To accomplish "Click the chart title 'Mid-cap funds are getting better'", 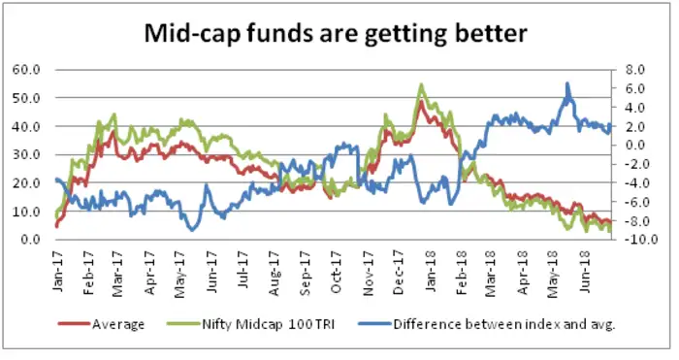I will (336, 34).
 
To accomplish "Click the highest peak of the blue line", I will (567, 83).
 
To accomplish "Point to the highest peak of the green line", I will (421, 84).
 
